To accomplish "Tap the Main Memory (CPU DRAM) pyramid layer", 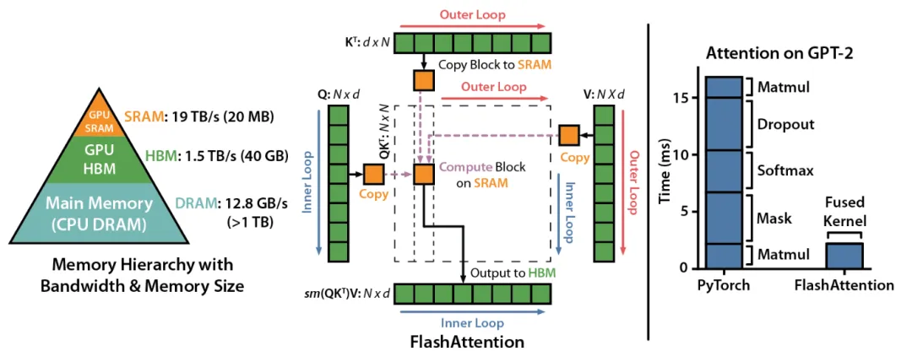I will [99, 212].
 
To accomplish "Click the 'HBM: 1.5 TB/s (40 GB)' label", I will [215, 157].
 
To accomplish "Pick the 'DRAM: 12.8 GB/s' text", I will [228, 204].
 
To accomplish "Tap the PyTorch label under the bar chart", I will [724, 285].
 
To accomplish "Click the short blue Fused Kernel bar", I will [844, 255].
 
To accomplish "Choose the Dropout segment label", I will [785, 124].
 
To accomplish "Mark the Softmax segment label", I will [785, 170].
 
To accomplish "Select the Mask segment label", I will [774, 219].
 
